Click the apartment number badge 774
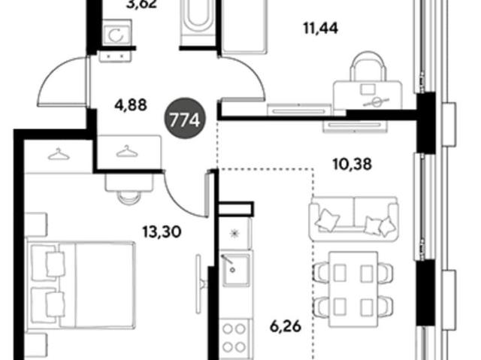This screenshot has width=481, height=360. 185,119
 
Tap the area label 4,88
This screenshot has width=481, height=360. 131,105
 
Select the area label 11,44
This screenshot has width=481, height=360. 321,29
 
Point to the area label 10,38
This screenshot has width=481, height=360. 352,164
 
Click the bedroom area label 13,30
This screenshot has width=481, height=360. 162,232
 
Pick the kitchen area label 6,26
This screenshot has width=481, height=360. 286,327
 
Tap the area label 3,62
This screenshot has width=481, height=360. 142,5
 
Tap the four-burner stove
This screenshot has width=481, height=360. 236,338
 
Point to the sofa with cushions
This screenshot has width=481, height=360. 354,219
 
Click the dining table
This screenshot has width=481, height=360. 353,289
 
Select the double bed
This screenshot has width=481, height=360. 81,285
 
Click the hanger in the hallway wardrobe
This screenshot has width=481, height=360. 126,151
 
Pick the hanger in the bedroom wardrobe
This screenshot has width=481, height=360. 59,154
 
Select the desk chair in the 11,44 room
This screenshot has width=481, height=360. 368,67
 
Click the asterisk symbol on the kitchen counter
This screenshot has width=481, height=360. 234,234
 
